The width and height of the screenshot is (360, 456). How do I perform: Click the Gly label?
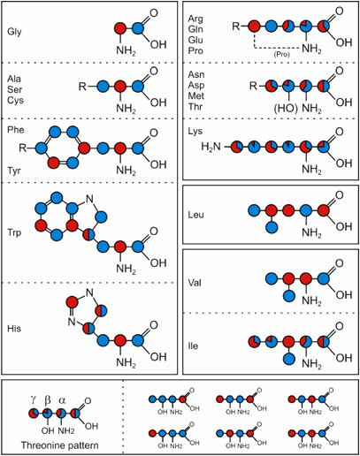[x=14, y=32]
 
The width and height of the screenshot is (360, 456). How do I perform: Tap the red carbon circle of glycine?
[x=120, y=28]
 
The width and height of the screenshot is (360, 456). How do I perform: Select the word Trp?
[x=14, y=232]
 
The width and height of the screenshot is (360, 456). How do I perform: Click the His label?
[x=14, y=329]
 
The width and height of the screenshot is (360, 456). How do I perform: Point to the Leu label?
[x=195, y=215]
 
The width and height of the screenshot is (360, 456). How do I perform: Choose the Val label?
[x=195, y=283]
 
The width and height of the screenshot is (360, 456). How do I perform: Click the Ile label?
[x=193, y=346]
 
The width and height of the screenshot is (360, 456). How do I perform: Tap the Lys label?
[x=195, y=132]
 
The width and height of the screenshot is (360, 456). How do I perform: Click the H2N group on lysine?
[x=211, y=147]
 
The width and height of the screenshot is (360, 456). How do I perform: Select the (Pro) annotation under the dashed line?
[x=282, y=55]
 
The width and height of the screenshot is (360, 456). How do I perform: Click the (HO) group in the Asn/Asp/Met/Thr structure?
[x=286, y=109]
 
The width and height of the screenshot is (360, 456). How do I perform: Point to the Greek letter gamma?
[x=34, y=399]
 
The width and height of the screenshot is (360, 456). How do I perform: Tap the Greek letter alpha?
[x=62, y=400]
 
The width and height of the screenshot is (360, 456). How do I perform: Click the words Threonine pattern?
[x=59, y=445]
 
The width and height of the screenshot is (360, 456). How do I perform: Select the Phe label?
[x=16, y=130]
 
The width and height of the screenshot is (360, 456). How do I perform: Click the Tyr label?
[x=14, y=171]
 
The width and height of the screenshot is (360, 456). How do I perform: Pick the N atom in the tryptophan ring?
[x=89, y=199]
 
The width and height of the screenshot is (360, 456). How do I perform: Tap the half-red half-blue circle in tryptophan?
[x=89, y=235]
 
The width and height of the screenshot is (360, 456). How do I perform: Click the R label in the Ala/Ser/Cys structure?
[x=82, y=87]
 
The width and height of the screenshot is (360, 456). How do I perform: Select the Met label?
[x=196, y=95]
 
